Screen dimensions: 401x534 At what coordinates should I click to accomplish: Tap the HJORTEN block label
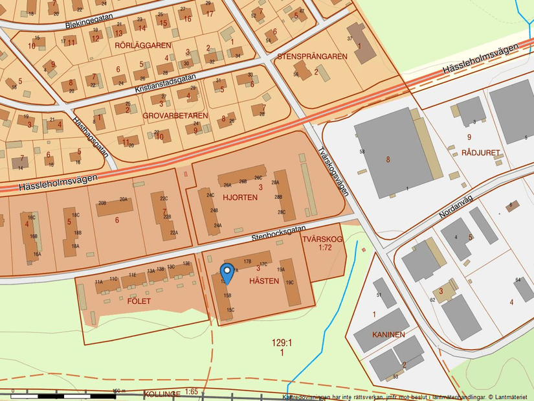[x=236, y=197]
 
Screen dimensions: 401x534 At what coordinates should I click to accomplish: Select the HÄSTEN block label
[x=265, y=281]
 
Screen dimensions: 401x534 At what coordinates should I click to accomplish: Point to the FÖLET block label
[x=139, y=301]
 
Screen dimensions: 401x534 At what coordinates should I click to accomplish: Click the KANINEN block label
[x=388, y=335]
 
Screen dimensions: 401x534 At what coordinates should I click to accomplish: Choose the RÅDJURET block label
[x=481, y=153]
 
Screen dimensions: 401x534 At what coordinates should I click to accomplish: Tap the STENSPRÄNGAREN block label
[x=312, y=57]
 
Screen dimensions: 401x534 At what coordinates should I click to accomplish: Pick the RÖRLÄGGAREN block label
[x=142, y=45]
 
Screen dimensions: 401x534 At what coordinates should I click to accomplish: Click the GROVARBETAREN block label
[x=175, y=116]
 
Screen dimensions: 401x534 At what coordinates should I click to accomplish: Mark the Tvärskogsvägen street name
[x=334, y=170]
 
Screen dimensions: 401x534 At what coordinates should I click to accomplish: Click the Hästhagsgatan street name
[x=91, y=137]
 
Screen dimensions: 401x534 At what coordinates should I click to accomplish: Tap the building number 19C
[x=289, y=282]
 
